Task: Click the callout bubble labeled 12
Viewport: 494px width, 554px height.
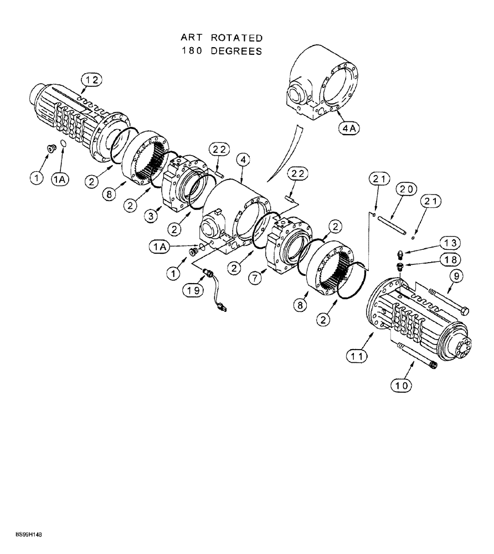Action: [92, 81]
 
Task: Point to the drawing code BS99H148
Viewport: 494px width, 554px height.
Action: [24, 535]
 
